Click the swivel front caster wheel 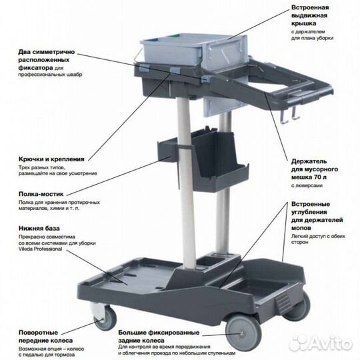tap(106, 318)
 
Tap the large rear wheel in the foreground tap(243, 333)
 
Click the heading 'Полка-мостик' tap(41, 194)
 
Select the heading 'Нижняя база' tap(39, 229)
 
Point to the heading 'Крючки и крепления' tap(51, 159)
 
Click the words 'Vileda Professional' tap(40, 249)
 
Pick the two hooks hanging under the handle tap(291, 115)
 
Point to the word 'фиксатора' tap(35, 68)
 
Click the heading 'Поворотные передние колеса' tap(45, 337)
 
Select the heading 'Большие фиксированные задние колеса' tap(159, 337)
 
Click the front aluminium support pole tap(187, 184)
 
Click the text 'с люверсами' tap(307, 185)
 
